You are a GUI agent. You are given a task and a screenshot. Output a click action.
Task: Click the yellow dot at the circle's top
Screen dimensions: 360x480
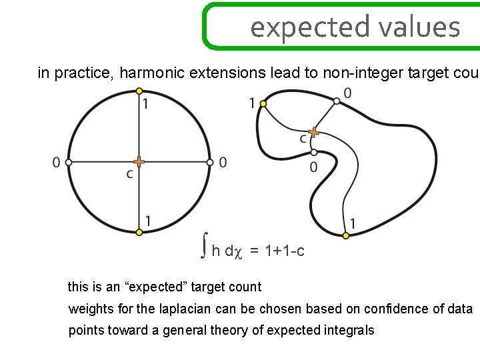tap(139, 91)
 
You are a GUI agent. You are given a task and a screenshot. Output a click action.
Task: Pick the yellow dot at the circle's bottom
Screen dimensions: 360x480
tap(139, 232)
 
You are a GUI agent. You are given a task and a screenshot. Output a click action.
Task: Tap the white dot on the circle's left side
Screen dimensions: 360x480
tap(68, 161)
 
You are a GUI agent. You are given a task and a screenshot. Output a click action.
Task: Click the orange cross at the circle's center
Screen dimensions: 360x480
tap(139, 161)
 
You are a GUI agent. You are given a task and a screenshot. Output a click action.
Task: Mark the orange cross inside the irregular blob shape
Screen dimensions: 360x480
tap(313, 133)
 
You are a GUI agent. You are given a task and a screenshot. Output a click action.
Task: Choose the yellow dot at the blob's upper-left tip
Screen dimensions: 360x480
tap(263, 104)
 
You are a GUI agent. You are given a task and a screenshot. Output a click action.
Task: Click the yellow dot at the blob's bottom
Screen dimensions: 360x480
tap(346, 235)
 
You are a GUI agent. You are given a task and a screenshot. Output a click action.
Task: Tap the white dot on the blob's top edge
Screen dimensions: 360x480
tap(337, 101)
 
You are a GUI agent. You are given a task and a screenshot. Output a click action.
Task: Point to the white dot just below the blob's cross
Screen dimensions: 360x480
tap(313, 152)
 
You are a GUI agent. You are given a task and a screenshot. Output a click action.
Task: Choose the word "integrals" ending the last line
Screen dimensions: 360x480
tap(350, 330)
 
